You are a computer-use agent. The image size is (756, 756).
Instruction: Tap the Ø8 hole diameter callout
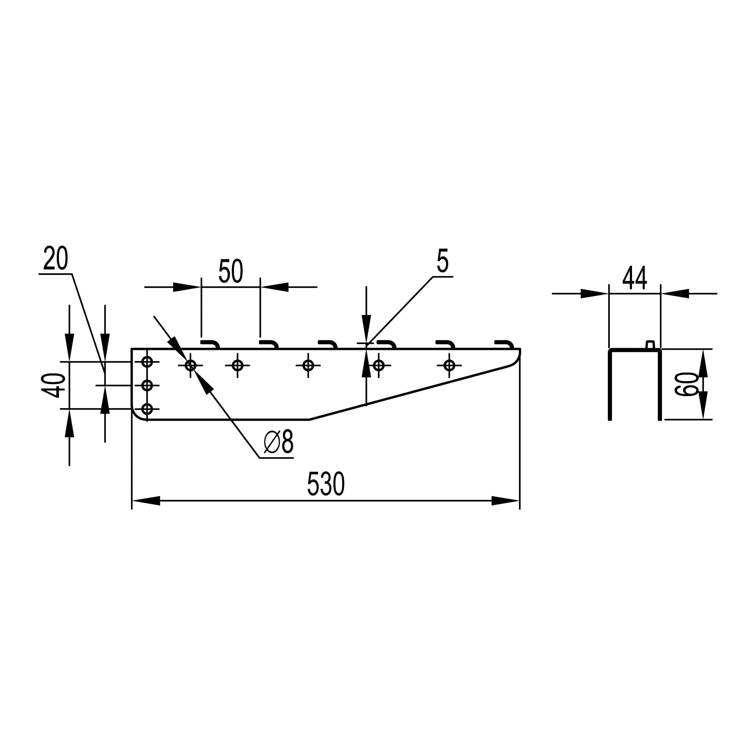[279, 442]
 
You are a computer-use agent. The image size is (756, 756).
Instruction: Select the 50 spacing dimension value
[231, 271]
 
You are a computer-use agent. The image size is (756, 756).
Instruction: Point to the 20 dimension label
[56, 258]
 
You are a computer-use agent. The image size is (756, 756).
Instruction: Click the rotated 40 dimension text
[53, 386]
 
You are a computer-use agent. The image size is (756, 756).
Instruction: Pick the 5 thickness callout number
[443, 260]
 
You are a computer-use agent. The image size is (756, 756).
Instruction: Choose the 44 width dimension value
[635, 278]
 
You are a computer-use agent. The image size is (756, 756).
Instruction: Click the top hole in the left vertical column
[147, 362]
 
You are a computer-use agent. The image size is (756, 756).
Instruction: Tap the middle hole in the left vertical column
[147, 386]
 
